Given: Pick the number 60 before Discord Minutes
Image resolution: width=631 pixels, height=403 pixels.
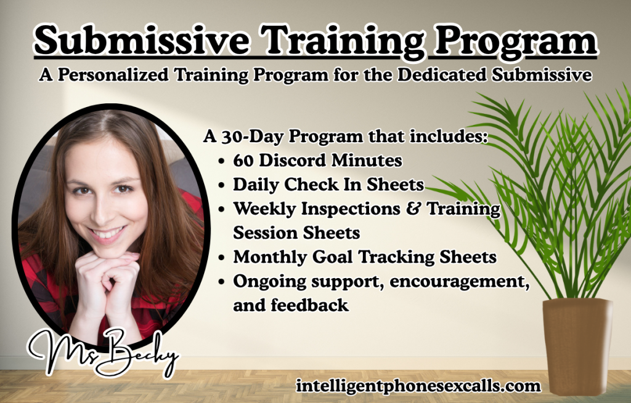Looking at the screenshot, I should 243,161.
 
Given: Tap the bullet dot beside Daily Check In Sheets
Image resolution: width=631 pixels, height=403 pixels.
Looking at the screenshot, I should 222,185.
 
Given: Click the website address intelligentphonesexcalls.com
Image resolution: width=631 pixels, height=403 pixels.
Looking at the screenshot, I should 418,386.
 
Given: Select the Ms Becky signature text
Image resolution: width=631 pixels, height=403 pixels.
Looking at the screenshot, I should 102,353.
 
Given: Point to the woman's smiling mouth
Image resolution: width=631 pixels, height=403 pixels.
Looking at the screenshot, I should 106,234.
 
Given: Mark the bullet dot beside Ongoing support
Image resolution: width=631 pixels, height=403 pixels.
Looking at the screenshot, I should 222,281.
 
